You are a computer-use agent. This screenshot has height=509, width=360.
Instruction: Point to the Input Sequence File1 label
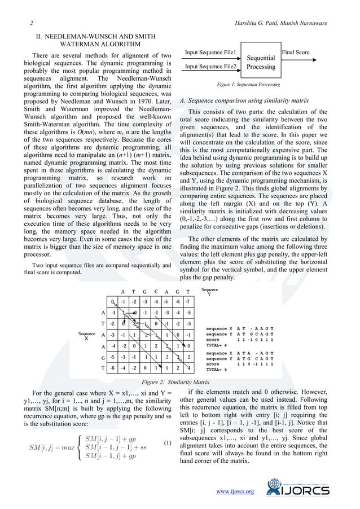(x=210, y=52)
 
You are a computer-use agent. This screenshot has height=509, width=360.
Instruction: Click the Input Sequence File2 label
(x=210, y=67)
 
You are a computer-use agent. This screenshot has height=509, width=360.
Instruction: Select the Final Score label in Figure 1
(x=295, y=52)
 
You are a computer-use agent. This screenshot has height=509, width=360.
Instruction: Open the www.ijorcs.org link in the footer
(x=235, y=492)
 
